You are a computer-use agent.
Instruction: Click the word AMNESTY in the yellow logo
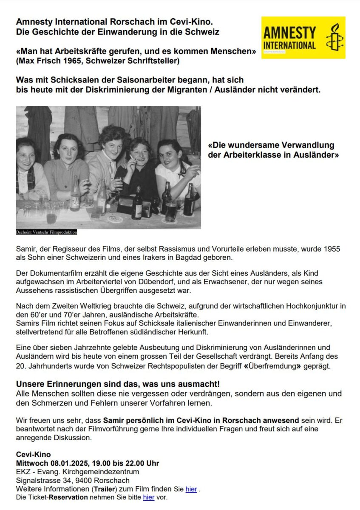(x=289, y=33)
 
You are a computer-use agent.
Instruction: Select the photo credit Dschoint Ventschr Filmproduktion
(x=46, y=232)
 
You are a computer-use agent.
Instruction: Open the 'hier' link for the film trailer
(x=191, y=489)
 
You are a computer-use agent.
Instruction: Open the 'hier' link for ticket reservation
(x=149, y=497)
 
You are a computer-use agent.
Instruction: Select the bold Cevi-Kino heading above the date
(x=33, y=454)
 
